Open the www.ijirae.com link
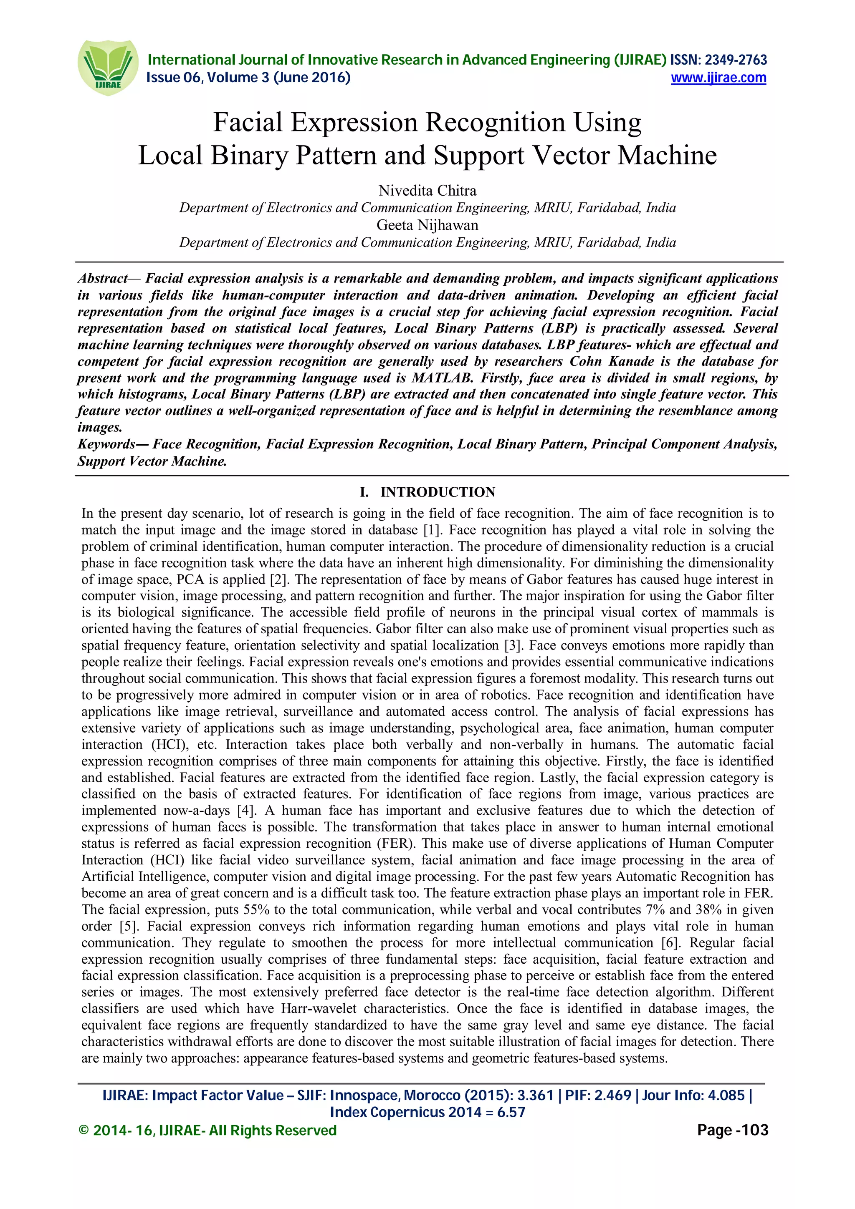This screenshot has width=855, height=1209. (718, 78)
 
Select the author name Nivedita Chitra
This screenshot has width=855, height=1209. (427, 191)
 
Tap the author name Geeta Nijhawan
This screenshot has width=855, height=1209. (427, 225)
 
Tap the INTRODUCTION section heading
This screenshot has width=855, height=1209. (438, 492)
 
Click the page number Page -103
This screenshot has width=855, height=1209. (732, 1131)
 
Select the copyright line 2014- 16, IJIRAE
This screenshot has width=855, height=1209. (147, 1131)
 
